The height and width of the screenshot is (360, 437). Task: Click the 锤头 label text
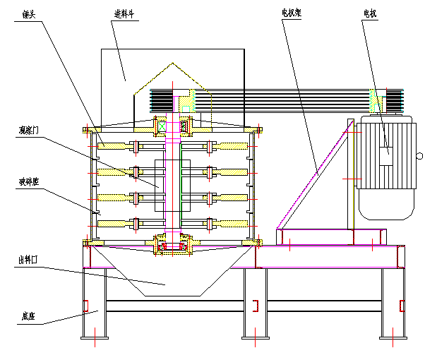29,16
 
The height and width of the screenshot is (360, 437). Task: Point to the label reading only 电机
369,13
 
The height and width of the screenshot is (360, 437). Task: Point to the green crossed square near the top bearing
162,127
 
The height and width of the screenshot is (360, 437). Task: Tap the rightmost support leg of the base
392,304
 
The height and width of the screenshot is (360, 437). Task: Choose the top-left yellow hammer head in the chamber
113,147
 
